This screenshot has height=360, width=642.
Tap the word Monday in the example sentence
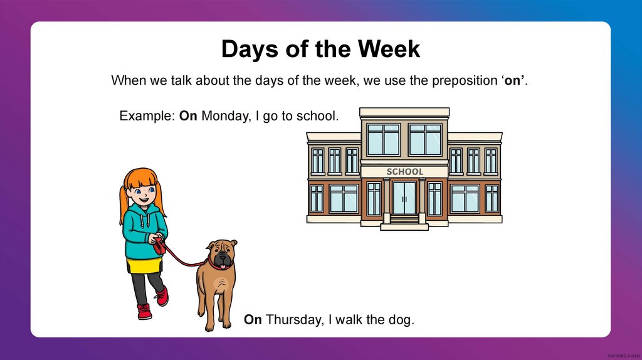tap(224, 116)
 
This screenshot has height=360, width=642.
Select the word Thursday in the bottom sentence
tap(293, 320)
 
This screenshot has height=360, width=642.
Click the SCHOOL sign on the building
tap(404, 171)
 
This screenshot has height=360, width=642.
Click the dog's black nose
tap(220, 255)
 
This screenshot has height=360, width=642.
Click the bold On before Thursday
tap(253, 320)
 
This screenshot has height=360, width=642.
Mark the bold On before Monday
tap(188, 116)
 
